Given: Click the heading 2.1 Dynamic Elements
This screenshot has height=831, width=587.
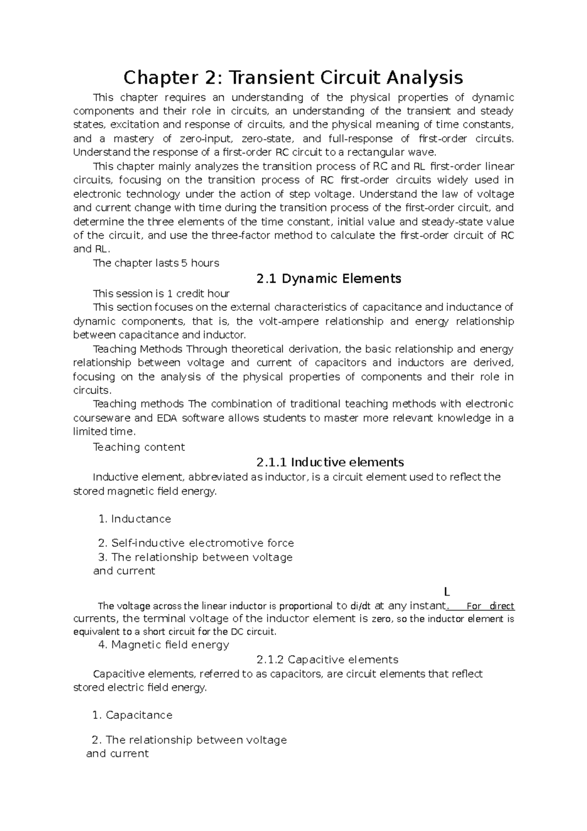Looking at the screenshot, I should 328,278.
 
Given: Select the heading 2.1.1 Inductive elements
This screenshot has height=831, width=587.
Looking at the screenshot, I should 330,462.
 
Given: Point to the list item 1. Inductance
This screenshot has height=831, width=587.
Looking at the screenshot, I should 135,519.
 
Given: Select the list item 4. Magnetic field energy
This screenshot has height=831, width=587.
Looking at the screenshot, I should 163,645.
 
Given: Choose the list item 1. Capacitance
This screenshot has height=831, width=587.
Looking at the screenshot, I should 132,715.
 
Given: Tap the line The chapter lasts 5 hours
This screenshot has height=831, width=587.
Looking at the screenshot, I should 156,263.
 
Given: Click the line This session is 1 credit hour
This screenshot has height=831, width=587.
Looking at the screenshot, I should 161,294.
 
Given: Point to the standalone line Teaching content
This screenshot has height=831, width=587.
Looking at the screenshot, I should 139,447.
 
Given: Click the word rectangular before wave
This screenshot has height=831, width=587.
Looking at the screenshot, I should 380,152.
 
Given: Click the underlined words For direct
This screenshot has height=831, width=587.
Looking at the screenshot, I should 490,606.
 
